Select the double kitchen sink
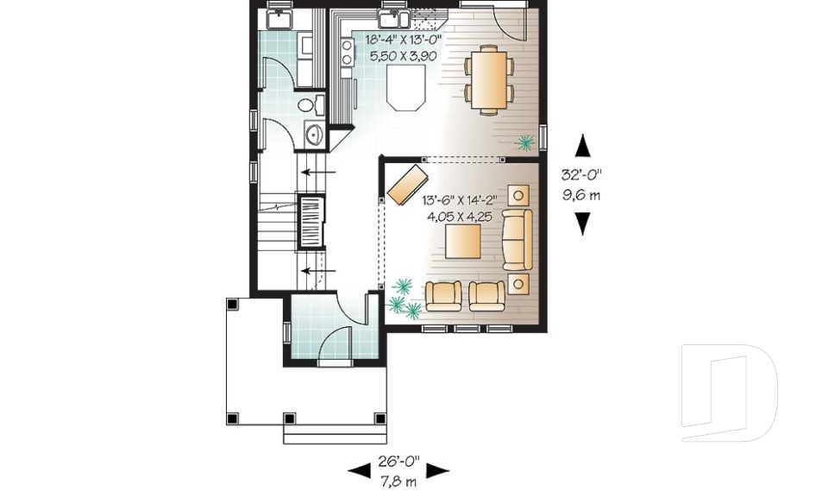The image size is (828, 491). (x=393, y=16)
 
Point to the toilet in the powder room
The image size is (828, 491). (x=310, y=105)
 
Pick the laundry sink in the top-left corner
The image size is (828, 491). (x=279, y=17)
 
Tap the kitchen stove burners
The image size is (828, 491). (x=347, y=54)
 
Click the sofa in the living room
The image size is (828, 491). (x=517, y=238)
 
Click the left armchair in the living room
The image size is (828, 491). (x=445, y=296)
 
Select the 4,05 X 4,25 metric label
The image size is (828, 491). (x=459, y=217)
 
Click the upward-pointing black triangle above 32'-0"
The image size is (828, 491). (x=584, y=144)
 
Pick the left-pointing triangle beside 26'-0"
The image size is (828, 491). (x=357, y=471)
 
